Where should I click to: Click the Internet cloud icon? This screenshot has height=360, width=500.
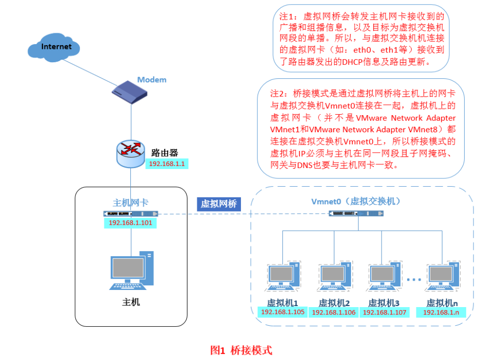click(55, 47)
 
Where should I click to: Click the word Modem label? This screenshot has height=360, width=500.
click(152, 79)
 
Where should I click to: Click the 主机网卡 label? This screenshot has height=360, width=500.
click(130, 203)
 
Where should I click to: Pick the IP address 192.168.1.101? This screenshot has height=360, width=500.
click(130, 223)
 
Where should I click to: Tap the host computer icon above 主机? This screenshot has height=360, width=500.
click(132, 270)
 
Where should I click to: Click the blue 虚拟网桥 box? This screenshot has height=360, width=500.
click(219, 204)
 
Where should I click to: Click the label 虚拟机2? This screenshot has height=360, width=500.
click(334, 302)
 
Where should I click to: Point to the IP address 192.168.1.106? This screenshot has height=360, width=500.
click(334, 312)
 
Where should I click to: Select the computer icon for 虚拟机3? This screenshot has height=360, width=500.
click(384, 277)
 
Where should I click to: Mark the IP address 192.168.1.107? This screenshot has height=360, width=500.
click(384, 312)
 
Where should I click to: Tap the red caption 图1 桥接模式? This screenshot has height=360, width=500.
click(241, 350)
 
